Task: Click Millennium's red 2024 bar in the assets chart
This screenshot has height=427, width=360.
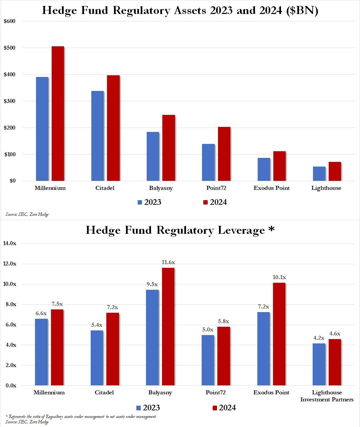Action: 58,113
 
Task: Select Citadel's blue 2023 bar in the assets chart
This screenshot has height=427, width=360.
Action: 97,136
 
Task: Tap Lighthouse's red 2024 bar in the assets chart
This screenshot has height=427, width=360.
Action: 335,172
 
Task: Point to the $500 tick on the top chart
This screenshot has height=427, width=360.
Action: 9,48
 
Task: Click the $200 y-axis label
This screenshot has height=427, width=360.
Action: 9,128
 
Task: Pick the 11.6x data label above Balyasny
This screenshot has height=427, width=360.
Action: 168,262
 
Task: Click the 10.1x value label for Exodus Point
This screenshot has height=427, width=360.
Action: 279,277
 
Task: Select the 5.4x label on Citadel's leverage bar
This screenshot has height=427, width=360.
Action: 97,325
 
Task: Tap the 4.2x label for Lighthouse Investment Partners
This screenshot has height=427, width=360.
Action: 319,338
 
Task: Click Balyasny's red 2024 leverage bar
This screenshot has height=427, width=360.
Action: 168,326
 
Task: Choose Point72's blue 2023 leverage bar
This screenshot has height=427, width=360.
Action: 208,360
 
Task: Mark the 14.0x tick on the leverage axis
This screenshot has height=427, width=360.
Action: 9,243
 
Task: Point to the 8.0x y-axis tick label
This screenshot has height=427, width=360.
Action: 9,304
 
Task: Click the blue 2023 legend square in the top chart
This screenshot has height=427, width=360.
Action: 140,203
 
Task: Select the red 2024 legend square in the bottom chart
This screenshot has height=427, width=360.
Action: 215,408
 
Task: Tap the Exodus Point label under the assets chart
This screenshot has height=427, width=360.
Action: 271,188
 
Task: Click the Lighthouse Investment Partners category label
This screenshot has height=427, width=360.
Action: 327,396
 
